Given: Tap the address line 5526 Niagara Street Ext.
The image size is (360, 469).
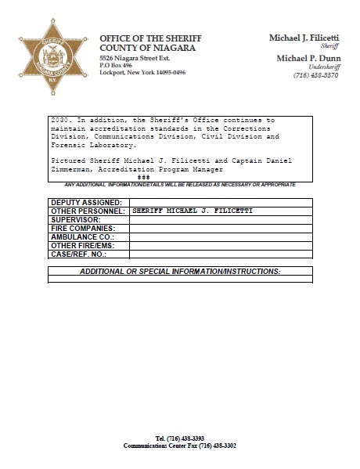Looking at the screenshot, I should point(135,59).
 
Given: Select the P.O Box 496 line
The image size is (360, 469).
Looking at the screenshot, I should point(117,66).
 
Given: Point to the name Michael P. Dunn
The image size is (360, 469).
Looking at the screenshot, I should point(308,59).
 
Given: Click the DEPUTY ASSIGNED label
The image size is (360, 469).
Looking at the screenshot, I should point(86,203).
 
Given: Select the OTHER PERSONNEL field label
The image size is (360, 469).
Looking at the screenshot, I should point(88,211).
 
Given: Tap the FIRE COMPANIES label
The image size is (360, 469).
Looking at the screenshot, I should point(82,229).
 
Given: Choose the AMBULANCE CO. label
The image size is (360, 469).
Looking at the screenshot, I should point(81,236).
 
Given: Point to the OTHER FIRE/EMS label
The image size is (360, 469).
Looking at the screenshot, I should point(82,245).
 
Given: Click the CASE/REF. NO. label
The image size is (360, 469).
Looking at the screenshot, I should point(78,254).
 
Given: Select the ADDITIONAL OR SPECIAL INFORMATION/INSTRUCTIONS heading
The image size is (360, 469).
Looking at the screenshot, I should point(180,270).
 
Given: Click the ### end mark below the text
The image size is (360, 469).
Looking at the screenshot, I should point(143,177).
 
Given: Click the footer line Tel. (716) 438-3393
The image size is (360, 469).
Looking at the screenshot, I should point(179,438).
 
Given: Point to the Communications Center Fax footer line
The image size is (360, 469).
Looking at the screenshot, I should point(179,445).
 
